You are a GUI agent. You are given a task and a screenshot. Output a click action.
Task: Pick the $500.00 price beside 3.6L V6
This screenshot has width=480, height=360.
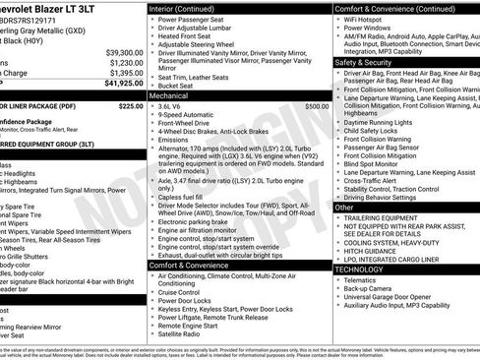click(x=318, y=106)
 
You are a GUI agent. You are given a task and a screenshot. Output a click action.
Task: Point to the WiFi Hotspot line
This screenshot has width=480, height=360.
click(x=366, y=20)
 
